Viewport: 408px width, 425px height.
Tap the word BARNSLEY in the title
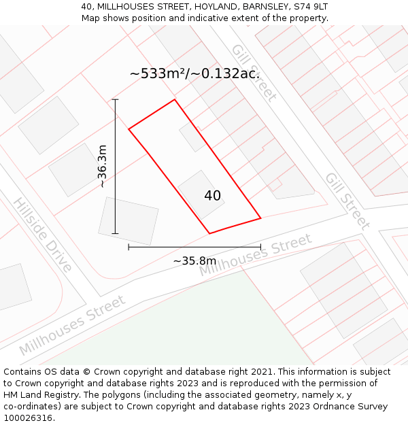coord(256,6)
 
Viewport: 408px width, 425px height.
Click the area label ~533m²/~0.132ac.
coord(195,73)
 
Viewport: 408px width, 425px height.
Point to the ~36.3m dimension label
coord(102,166)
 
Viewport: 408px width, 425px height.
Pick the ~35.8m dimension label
coord(194,260)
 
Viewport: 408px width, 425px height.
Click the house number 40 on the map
coord(212,196)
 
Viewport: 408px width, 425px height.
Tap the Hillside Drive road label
coord(42,235)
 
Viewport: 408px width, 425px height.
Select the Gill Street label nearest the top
coord(254,72)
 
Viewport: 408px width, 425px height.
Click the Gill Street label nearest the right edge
coord(347,201)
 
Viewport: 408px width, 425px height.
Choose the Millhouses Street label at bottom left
coord(72,325)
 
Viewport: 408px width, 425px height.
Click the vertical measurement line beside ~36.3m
coord(116,166)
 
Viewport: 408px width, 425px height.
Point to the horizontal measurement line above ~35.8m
coord(194,247)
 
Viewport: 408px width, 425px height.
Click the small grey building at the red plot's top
coord(192,137)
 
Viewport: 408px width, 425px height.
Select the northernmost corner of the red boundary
coord(175,100)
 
